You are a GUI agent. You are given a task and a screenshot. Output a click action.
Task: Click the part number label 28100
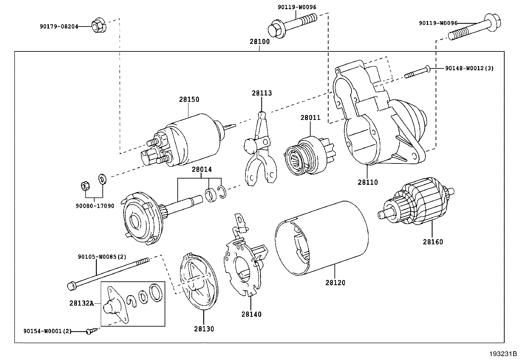[260, 42]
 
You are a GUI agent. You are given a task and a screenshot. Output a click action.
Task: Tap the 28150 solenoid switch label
[189, 99]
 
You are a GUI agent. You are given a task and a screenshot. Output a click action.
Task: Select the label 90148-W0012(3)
[469, 68]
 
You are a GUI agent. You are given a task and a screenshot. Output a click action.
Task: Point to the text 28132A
[81, 303]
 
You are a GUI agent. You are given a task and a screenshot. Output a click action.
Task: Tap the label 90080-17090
[95, 206]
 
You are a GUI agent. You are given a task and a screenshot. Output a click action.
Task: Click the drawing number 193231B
[503, 354]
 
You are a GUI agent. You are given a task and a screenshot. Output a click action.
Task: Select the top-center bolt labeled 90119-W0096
[291, 26]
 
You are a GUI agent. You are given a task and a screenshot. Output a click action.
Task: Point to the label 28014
[202, 169]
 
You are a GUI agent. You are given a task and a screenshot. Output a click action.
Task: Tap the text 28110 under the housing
[368, 182]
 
